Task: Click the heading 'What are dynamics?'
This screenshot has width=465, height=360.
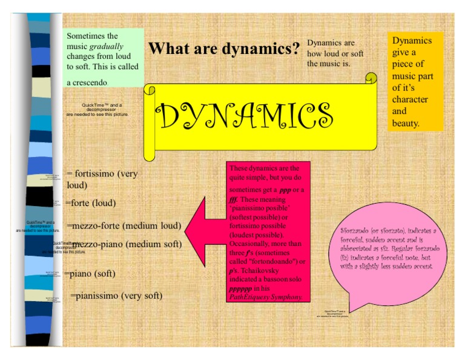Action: (224, 48)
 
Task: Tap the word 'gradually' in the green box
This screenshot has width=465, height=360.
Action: (106, 46)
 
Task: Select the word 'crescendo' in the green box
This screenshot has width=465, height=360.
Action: (87, 82)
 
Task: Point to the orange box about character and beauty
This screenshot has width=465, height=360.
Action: (415, 81)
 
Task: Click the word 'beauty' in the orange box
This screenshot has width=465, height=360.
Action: (406, 123)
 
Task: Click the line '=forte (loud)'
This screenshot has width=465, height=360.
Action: (90, 202)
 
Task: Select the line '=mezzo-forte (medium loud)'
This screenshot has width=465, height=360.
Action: (124, 225)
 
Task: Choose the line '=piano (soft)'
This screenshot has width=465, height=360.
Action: (90, 273)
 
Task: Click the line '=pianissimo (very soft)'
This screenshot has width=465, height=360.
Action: (116, 296)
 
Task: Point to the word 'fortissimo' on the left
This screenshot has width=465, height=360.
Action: (96, 174)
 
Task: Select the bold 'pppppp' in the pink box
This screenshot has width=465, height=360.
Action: (242, 288)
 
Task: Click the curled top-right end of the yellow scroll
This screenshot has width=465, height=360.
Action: (371, 78)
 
